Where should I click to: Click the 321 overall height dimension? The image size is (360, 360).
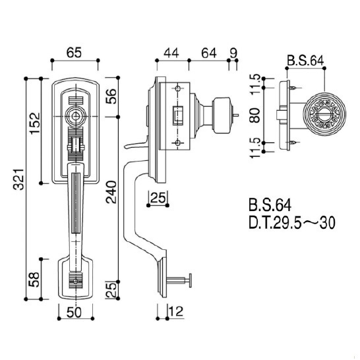coord(18,180)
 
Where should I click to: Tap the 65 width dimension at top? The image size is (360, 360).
coord(74,53)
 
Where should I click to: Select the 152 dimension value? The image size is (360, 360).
coord(34,123)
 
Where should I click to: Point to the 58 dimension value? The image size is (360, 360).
coord(34,280)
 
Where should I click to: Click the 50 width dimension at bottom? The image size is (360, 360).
coord(74,313)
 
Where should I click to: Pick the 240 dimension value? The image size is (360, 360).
coord(111,193)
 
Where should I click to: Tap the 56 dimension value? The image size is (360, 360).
coord(111,96)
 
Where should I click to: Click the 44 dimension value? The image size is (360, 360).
coord(171,53)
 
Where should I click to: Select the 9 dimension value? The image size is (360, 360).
coord(233,53)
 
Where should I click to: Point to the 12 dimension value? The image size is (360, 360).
coord(176,311)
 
